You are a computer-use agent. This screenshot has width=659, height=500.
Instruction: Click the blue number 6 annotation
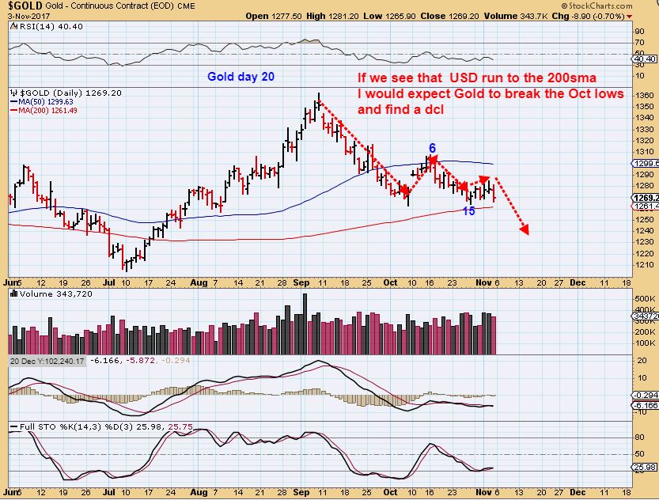click(432, 148)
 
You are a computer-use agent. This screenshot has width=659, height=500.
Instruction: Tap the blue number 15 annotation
click(469, 211)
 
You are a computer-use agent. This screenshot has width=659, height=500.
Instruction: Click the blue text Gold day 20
click(240, 77)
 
